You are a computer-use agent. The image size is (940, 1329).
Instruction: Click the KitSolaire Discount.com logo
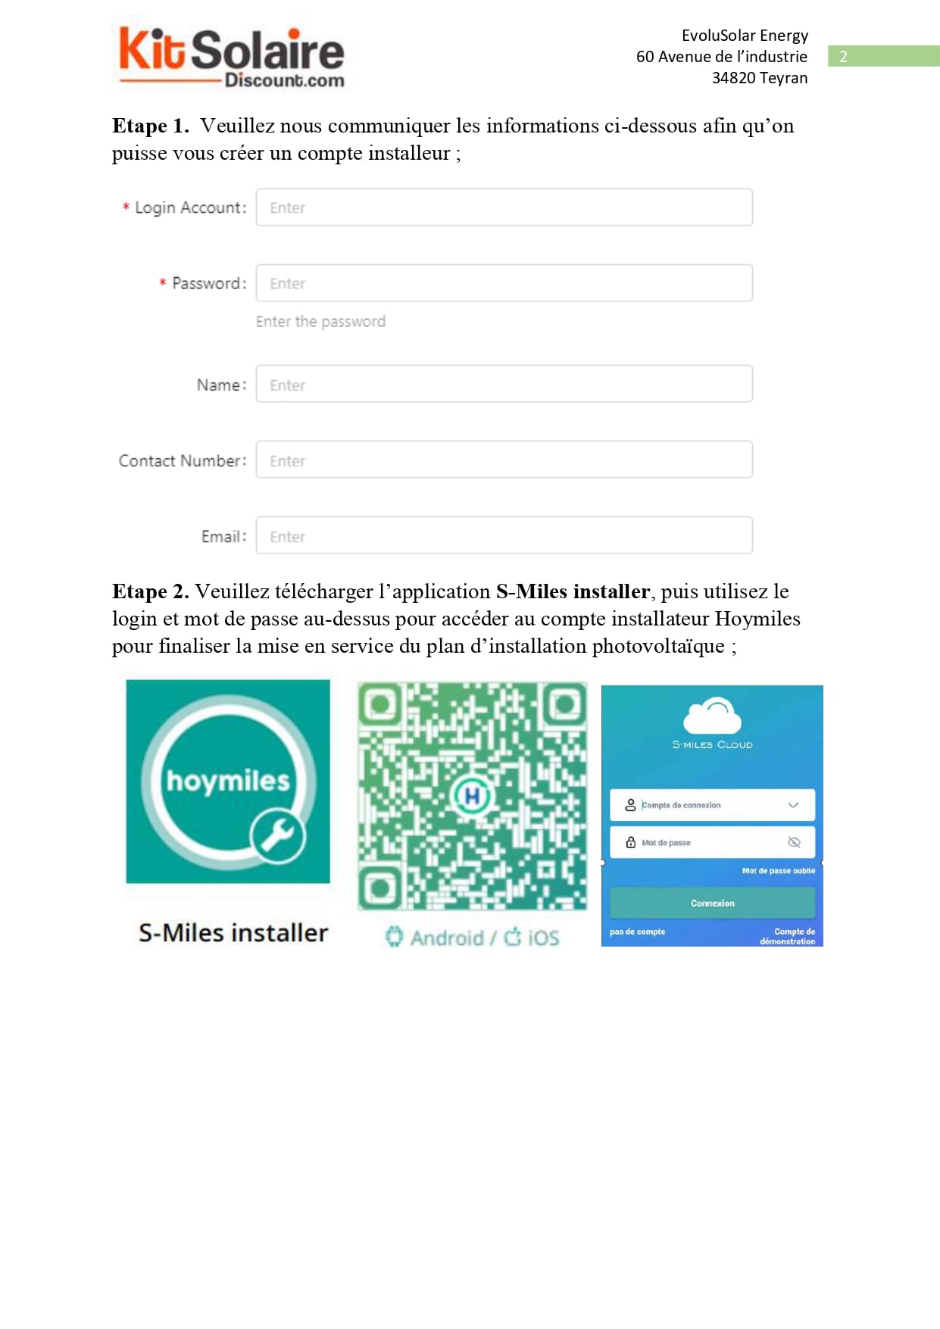pyautogui.click(x=231, y=58)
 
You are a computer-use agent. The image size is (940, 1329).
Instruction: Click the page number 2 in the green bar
pyautogui.click(x=843, y=57)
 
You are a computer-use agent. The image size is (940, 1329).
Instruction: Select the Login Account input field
pyautogui.click(x=504, y=207)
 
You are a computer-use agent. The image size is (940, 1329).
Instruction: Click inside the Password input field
pyautogui.click(x=504, y=283)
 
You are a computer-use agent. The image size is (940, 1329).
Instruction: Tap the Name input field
pyautogui.click(x=504, y=385)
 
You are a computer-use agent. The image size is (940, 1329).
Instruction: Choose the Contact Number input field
pyautogui.click(x=504, y=460)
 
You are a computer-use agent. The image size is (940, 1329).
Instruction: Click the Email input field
pyautogui.click(x=504, y=536)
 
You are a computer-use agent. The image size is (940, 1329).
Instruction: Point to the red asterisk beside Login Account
pyautogui.click(x=126, y=207)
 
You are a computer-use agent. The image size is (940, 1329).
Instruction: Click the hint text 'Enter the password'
pyautogui.click(x=320, y=322)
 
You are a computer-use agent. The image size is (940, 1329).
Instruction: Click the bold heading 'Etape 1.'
pyautogui.click(x=150, y=126)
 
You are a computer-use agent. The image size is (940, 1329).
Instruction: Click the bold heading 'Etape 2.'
pyautogui.click(x=150, y=591)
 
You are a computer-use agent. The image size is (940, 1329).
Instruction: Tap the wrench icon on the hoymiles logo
pyautogui.click(x=278, y=835)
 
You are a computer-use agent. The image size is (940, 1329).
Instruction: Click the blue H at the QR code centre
pyautogui.click(x=472, y=796)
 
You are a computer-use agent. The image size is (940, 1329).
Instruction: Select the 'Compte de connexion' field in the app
pyautogui.click(x=712, y=805)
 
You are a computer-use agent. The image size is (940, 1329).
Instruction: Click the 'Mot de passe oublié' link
pyautogui.click(x=778, y=871)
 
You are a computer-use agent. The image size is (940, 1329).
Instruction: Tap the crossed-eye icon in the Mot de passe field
pyautogui.click(x=794, y=842)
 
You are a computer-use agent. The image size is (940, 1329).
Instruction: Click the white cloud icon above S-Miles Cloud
pyautogui.click(x=712, y=715)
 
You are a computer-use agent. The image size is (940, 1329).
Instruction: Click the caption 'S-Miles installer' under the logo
pyautogui.click(x=233, y=933)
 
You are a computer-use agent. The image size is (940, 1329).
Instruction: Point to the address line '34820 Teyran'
pyautogui.click(x=759, y=78)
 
